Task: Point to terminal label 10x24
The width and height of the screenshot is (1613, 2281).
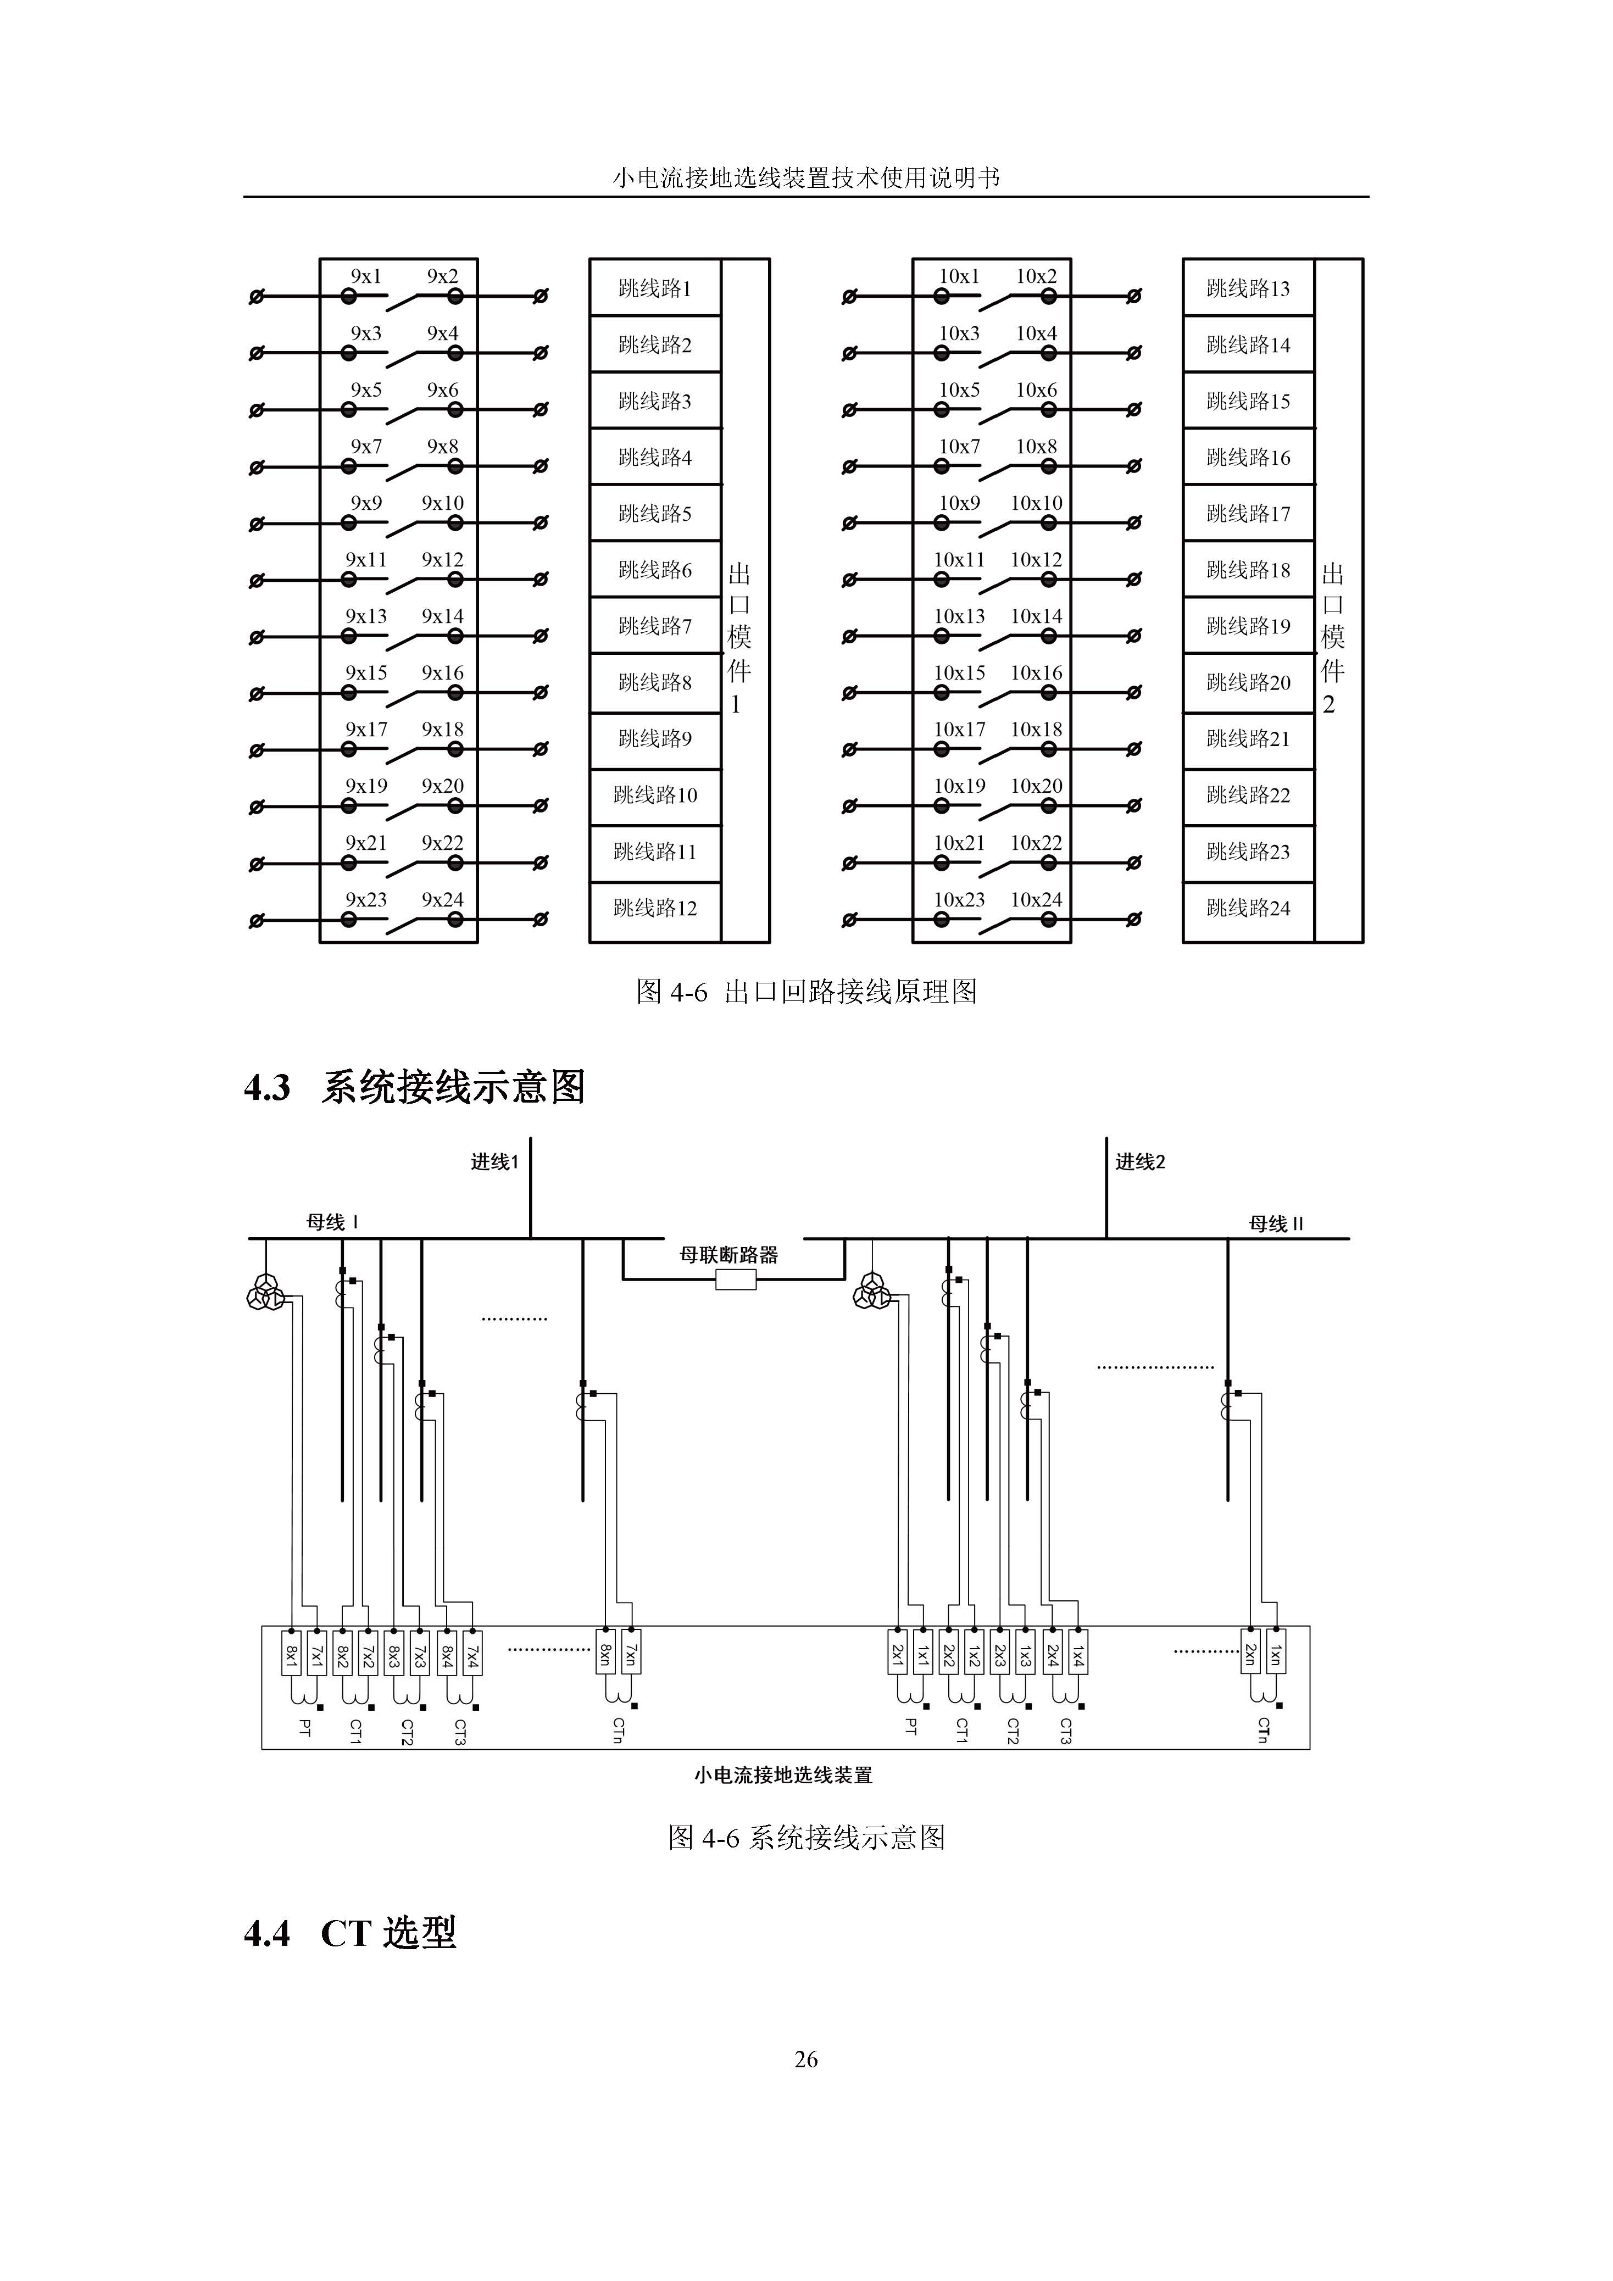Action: [x=1036, y=900]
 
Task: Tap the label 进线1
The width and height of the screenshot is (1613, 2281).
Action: [x=494, y=1161]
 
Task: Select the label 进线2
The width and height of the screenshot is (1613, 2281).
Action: [x=1140, y=1161]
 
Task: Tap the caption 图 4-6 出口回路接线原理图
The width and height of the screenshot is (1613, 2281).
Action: [x=806, y=992]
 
